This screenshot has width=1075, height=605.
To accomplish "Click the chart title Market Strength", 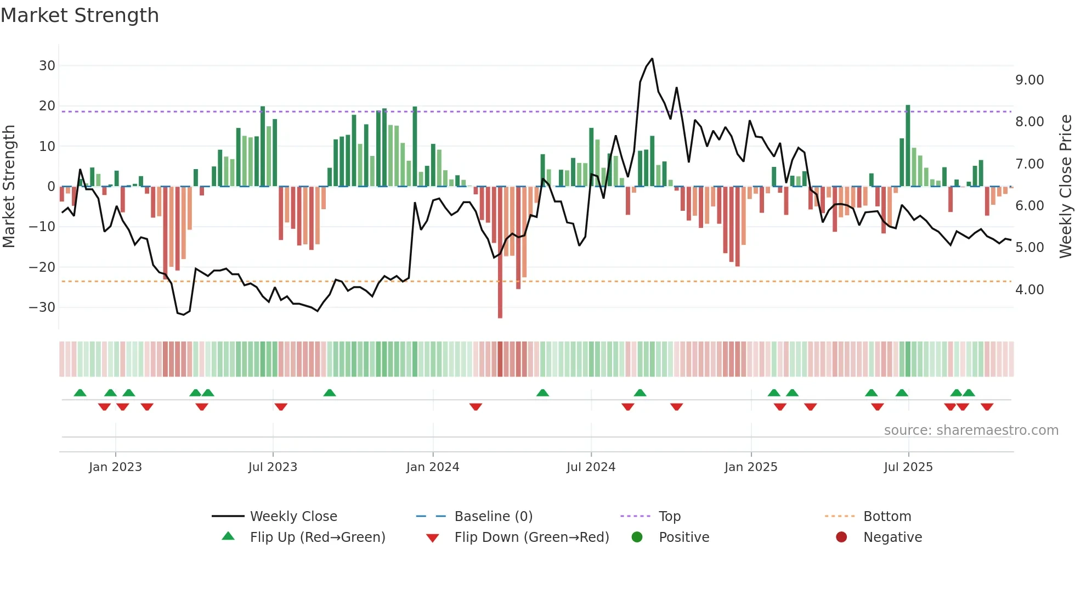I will coord(80,15).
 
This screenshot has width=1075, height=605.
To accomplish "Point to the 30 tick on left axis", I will coord(47,66).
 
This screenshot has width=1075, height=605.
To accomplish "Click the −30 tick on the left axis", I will coord(43,307).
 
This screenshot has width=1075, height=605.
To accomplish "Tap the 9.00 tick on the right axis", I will coord(1029,80).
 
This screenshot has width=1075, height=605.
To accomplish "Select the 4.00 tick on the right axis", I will coord(1029,290).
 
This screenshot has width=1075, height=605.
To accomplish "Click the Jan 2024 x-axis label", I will coord(433,467).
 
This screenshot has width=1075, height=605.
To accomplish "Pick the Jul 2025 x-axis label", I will coord(908,467).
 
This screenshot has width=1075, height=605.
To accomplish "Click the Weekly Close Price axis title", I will coord(1065,187).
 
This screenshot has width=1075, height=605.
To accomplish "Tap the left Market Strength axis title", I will coord(9,187).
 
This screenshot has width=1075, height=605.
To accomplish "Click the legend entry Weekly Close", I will coord(293,517).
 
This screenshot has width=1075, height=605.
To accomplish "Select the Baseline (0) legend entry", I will coord(493,517).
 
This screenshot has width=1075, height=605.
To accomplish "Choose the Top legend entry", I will coord(670,517).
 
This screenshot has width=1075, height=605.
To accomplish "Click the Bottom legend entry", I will coord(887,517).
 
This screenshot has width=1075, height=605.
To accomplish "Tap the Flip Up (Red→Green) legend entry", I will coord(318,537).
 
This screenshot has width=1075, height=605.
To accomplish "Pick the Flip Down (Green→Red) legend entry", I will coord(531,537).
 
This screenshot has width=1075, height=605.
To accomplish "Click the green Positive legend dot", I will coord(637,537).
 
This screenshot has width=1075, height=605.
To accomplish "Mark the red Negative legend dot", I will coord(841,537).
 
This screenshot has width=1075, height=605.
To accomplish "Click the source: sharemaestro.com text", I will coord(971,430).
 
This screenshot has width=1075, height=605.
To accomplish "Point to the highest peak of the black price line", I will coord(652,59).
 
